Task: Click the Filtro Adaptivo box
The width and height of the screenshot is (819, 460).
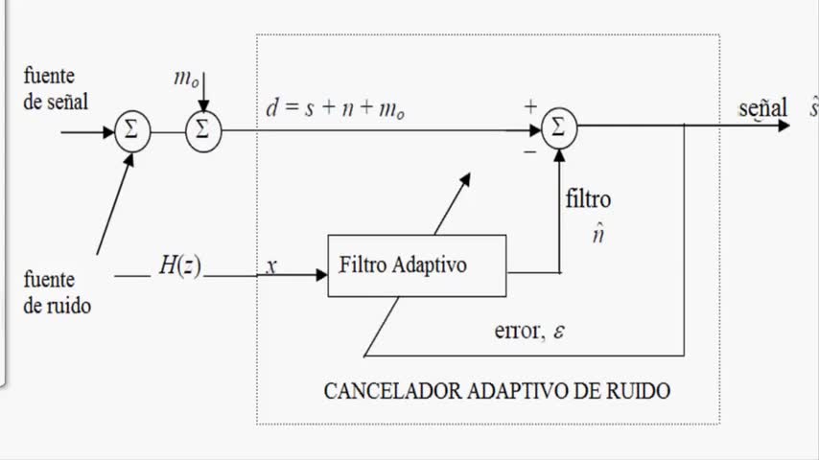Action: click(417, 265)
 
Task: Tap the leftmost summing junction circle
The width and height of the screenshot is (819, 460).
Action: click(131, 131)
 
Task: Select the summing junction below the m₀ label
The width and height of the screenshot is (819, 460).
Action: click(201, 131)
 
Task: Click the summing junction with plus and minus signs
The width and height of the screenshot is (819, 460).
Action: click(559, 126)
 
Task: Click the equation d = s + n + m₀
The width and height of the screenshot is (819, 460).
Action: click(336, 110)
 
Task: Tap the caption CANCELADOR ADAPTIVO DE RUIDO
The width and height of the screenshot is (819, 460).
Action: click(497, 391)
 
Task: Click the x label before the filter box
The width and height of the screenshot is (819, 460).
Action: click(271, 266)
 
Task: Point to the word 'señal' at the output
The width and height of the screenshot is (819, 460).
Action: click(763, 107)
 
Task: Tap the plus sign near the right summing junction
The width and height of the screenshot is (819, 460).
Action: click(529, 107)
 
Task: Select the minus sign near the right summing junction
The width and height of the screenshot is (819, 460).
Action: click(529, 150)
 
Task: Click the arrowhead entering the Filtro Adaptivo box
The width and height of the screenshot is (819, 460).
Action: click(321, 275)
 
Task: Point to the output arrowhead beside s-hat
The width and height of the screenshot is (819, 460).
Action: click(784, 126)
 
